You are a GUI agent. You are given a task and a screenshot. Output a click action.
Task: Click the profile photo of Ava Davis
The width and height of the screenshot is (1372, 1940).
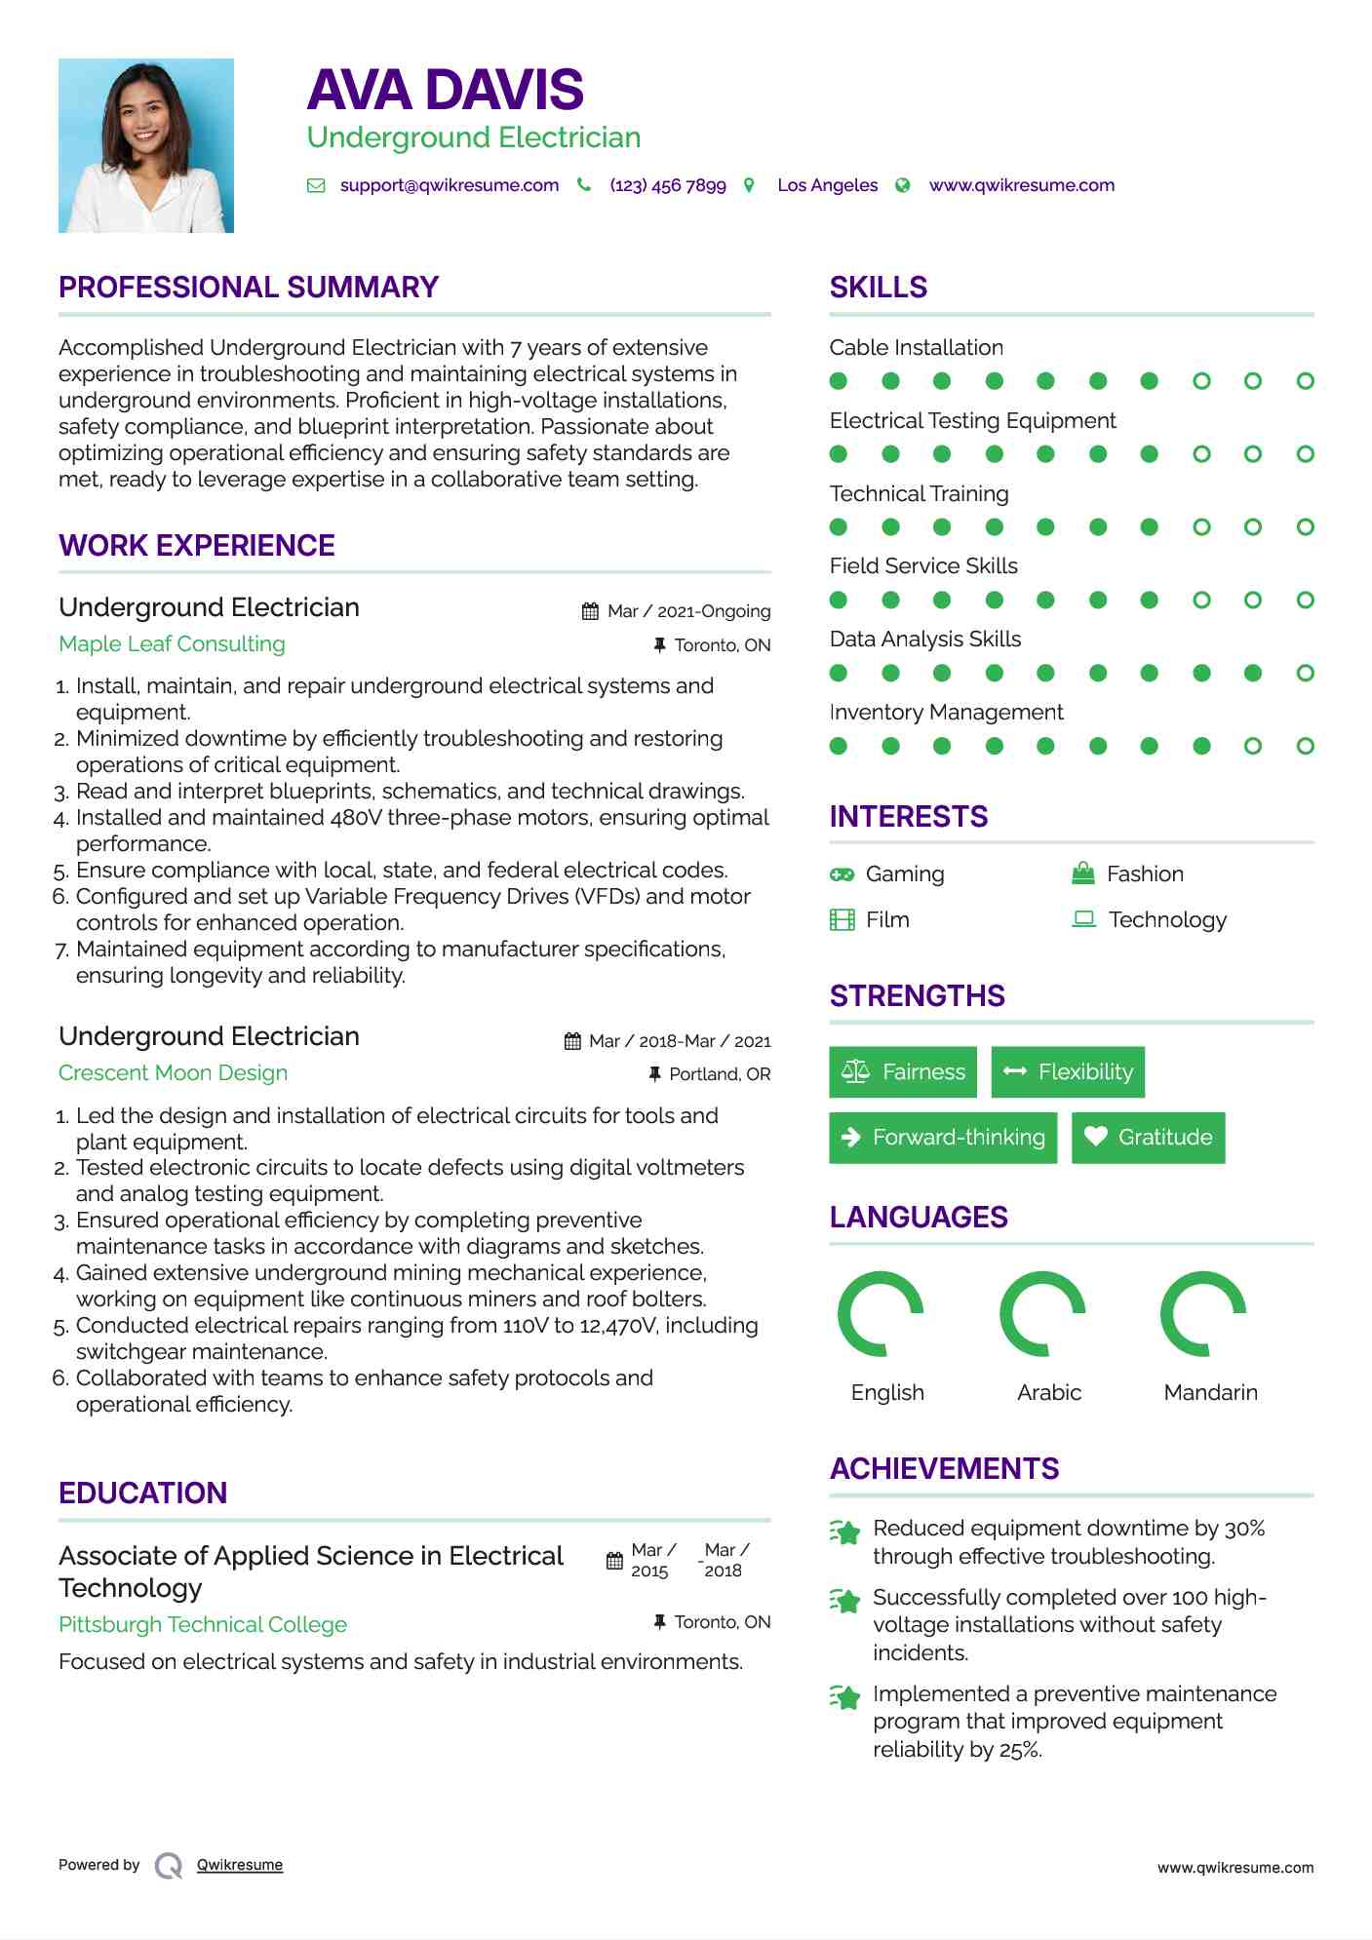146,146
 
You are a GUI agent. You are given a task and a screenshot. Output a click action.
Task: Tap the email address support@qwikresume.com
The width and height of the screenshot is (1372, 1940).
449,185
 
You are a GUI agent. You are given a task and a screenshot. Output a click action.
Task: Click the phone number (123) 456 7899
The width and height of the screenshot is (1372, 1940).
668,185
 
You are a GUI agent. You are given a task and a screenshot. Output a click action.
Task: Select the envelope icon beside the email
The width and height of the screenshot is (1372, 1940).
316,185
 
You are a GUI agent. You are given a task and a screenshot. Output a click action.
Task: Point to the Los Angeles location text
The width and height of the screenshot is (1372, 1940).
827,185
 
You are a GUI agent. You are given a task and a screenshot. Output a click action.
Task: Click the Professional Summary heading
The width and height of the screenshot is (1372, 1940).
249,288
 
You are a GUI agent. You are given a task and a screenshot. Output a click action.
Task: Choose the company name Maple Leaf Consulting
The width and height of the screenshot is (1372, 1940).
172,644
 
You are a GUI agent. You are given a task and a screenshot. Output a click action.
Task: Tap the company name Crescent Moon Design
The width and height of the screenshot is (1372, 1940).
173,1073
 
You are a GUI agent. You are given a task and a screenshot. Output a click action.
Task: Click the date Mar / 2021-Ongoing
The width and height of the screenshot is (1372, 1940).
688,611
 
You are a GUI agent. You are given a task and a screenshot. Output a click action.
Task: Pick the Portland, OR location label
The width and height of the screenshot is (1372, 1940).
720,1074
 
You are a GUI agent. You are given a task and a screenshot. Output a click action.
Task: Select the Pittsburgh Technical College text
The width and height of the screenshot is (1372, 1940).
203,1625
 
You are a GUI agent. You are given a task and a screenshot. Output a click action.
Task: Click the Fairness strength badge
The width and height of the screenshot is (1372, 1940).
904,1072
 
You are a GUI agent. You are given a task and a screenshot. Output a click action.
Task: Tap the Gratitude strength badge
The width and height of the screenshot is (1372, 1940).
1148,1138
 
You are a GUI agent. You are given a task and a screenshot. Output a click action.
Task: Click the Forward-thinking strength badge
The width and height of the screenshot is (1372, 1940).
943,1138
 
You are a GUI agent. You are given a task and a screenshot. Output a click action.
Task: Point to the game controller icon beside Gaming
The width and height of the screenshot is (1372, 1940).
842,874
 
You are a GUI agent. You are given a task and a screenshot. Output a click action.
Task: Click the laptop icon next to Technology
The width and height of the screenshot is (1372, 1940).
1083,919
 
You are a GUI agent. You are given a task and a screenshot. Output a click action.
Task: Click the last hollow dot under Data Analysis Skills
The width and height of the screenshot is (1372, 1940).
1305,673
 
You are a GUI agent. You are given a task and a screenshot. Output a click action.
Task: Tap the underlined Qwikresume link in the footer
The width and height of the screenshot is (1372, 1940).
240,1865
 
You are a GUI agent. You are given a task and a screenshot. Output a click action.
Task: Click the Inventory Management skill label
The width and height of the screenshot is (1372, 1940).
946,713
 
